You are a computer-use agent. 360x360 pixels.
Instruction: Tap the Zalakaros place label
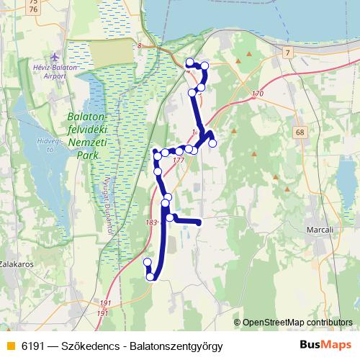17,264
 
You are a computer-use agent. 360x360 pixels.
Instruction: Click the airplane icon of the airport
56,56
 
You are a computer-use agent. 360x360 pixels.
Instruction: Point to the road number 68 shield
300,132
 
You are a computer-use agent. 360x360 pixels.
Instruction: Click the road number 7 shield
287,54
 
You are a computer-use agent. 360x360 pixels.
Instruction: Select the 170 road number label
258,94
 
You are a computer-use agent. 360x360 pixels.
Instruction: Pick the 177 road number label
179,160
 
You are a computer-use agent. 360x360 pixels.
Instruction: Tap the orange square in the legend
10,346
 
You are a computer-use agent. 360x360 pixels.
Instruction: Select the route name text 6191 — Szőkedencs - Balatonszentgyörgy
122,346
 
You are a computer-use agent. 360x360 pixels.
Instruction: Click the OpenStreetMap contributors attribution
297,323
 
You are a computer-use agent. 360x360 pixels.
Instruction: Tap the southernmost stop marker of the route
151,276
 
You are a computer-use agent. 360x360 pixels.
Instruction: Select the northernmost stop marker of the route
190,62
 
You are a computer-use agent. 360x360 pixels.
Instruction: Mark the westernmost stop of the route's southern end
148,262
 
